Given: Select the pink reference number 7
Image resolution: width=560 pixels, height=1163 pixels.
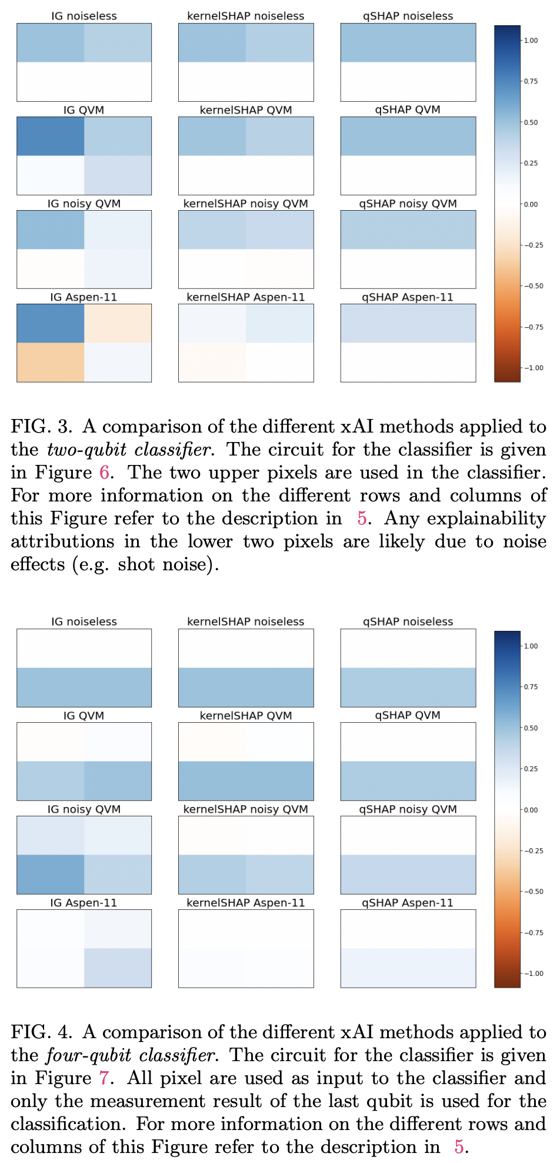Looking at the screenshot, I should click(104, 1078).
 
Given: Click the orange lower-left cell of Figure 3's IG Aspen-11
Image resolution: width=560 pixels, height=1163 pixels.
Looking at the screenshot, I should click(51, 362).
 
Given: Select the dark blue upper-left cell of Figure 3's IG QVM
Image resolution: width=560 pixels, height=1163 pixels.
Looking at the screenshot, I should click(51, 136).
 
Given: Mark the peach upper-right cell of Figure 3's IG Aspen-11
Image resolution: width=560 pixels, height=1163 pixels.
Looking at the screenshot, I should click(118, 323).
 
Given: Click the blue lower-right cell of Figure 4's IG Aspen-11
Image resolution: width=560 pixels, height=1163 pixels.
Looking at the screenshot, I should click(118, 968).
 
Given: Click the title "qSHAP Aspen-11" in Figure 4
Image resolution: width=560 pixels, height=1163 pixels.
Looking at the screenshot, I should click(408, 902).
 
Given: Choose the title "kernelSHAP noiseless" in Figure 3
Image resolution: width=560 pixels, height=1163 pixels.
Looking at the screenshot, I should click(246, 16).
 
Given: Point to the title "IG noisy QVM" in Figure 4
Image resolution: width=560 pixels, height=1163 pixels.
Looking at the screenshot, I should click(84, 809).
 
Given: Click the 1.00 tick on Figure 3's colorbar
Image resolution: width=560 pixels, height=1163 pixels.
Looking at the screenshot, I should click(531, 40).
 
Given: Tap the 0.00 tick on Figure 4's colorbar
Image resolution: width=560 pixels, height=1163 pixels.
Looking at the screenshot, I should click(531, 810).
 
